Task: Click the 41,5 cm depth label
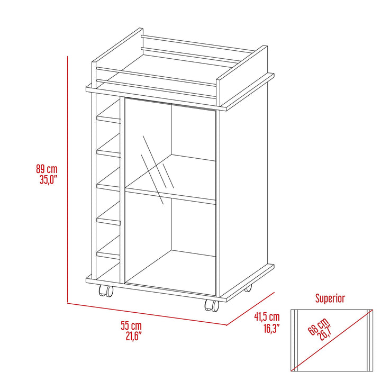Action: (266, 317)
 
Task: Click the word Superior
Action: (330, 298)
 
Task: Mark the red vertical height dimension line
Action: (68, 180)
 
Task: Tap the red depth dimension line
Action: (250, 309)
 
